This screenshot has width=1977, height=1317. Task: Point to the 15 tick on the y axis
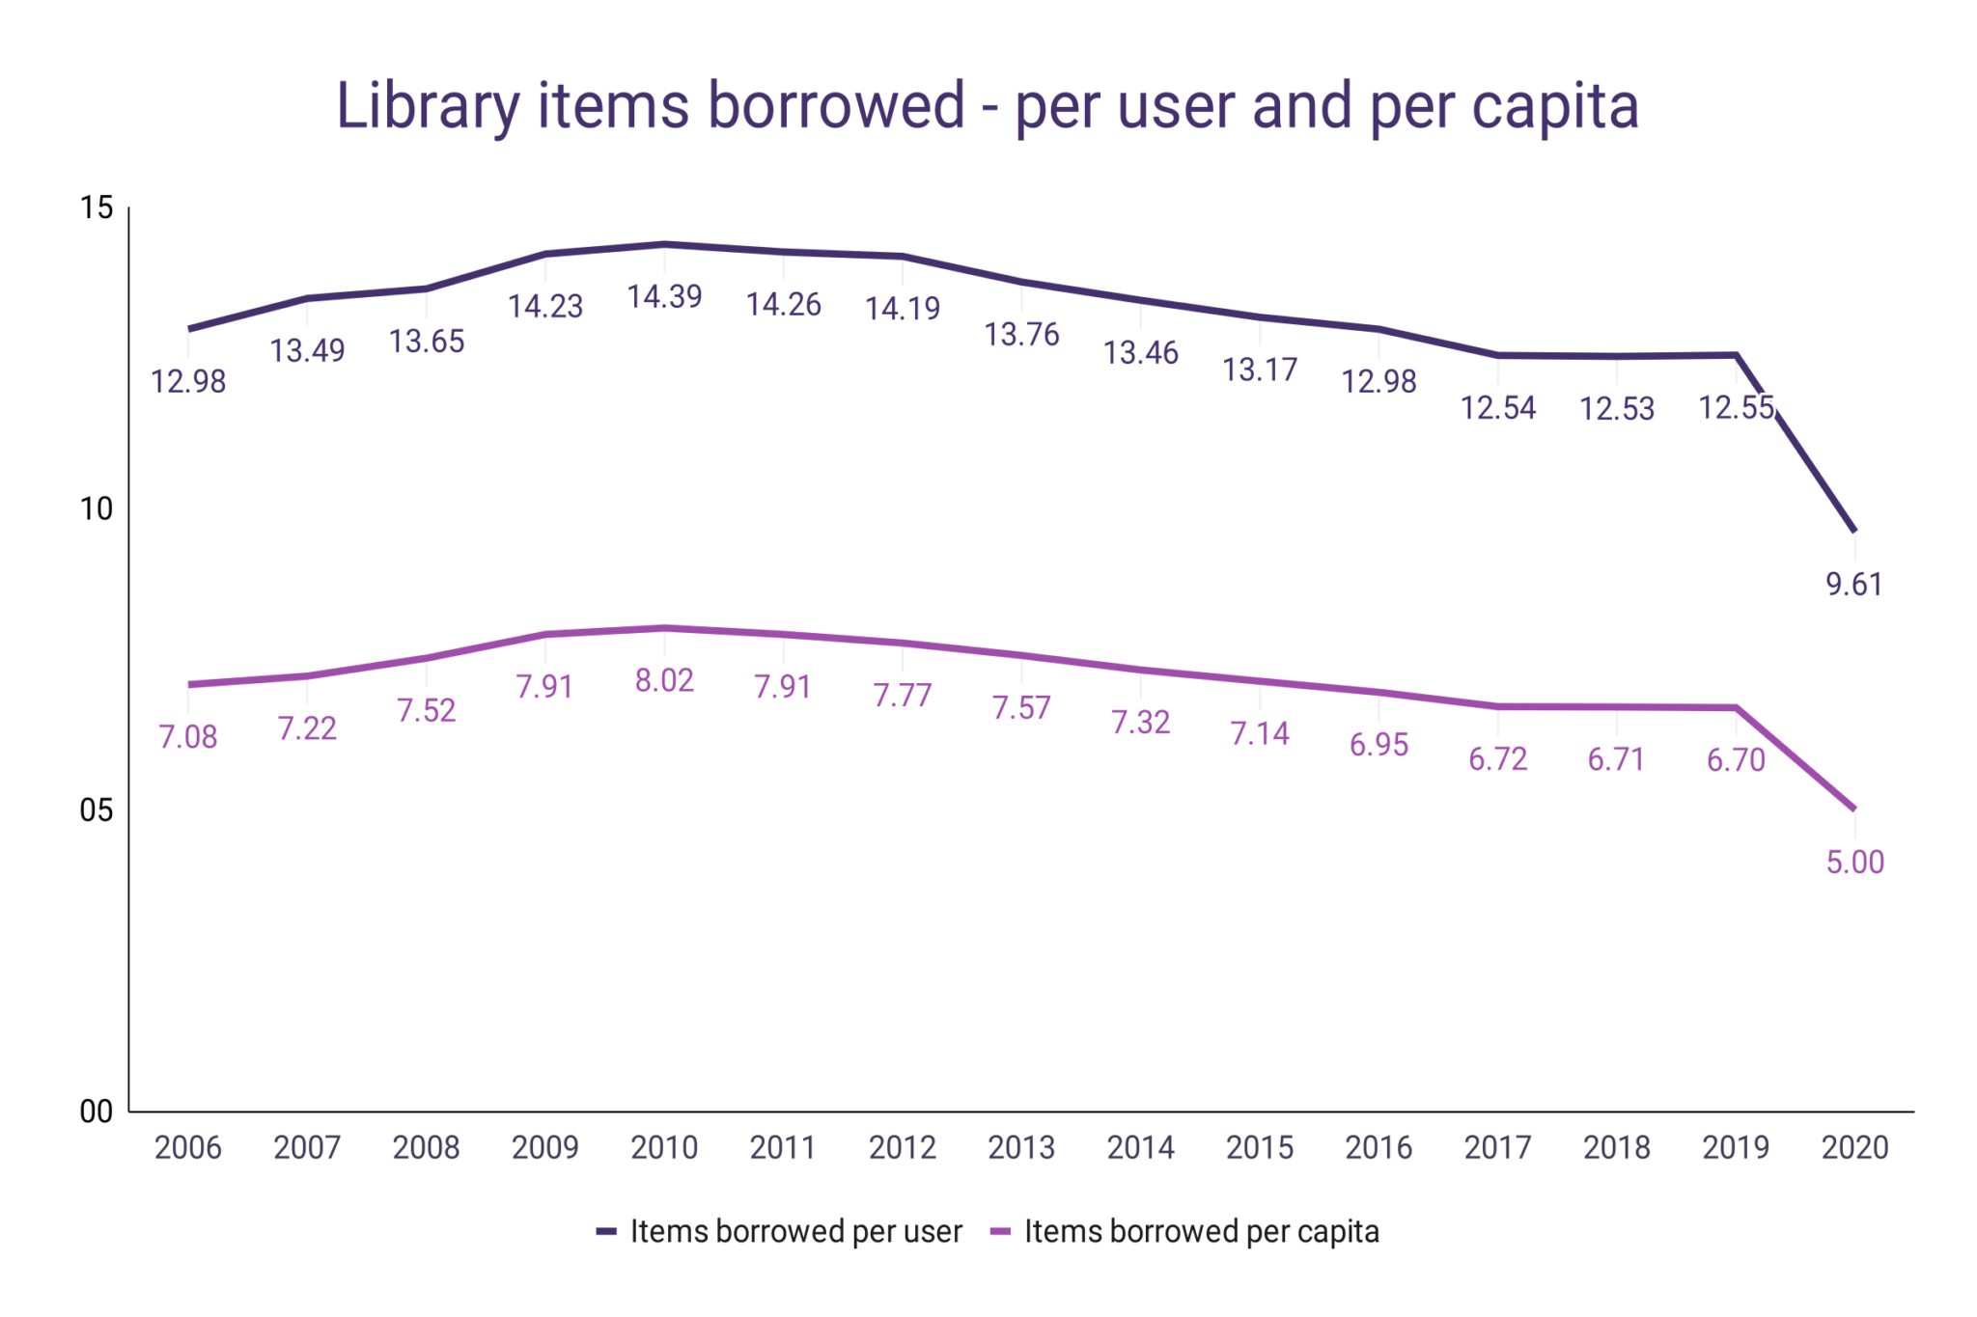97,207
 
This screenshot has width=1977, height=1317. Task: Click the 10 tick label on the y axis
97,508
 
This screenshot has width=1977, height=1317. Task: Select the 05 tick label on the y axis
97,810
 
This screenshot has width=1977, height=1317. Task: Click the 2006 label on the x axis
188,1147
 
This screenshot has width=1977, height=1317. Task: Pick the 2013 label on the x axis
1021,1147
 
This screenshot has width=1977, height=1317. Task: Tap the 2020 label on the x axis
1854,1147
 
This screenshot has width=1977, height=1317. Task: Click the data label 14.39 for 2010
664,297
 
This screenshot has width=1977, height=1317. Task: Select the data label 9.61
1854,585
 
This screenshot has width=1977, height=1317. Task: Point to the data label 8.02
664,681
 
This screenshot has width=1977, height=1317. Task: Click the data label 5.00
1854,863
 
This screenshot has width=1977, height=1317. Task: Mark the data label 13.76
1021,335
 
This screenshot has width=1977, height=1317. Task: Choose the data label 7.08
188,737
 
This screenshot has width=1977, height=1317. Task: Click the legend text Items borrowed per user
795,1232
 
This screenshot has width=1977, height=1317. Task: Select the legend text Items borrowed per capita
1201,1232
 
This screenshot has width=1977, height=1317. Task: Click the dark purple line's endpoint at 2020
1853,530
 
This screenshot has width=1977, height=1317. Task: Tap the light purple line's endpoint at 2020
1853,808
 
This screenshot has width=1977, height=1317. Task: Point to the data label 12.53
1617,409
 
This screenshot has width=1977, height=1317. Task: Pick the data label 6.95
1378,745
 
